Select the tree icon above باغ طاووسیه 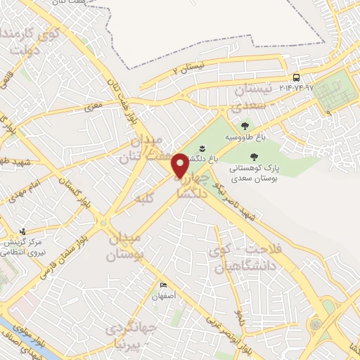pos(245,126)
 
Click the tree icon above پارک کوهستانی pos(254,157)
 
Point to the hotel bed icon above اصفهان pos(163,285)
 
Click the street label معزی pos(94,108)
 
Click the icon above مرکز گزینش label pos(23,231)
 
